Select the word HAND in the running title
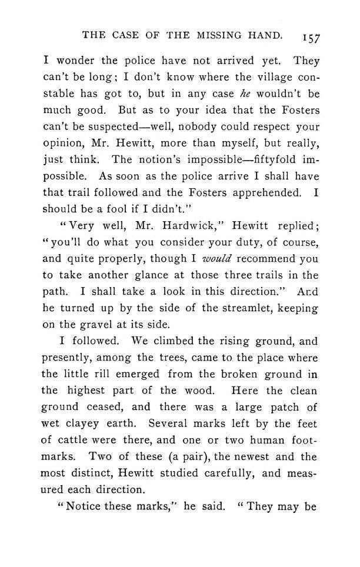269,35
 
